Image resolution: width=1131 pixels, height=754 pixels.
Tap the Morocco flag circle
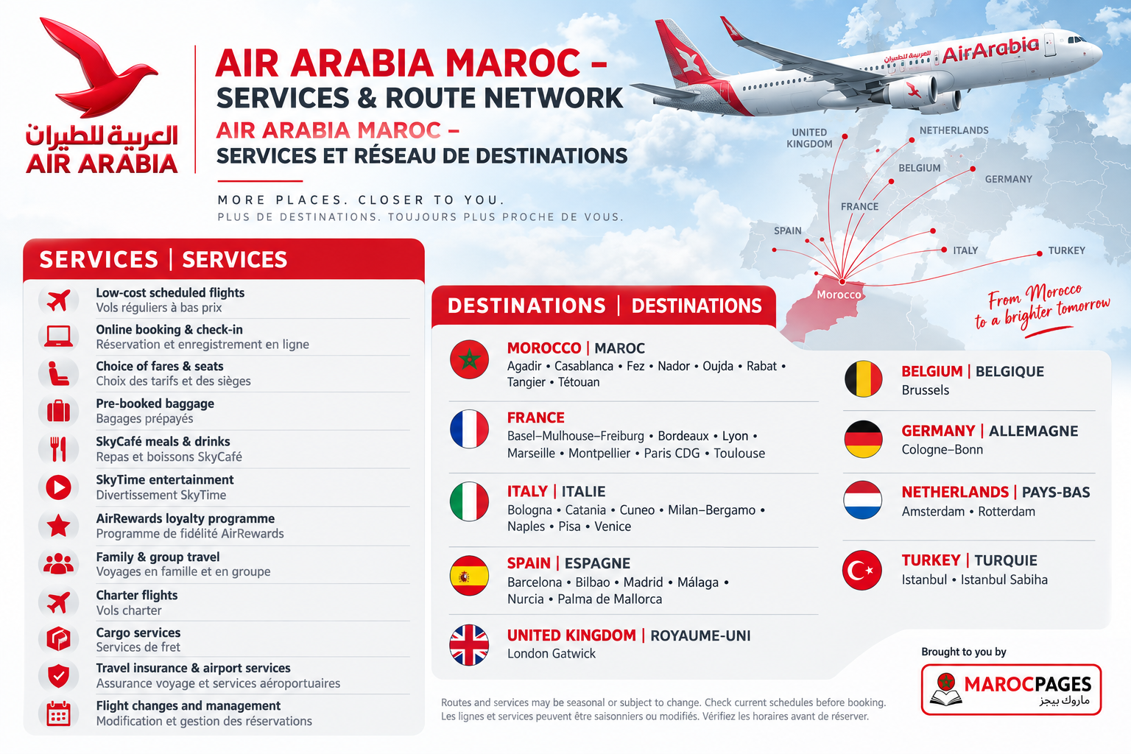tap(469, 359)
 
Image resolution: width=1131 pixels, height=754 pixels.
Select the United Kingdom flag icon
tap(469, 645)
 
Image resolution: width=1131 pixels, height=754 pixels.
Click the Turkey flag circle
tap(862, 570)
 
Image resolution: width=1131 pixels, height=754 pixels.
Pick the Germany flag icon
tap(864, 439)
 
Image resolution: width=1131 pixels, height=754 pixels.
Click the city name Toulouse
tap(739, 453)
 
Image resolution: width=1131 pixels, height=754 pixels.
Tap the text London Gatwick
tap(552, 654)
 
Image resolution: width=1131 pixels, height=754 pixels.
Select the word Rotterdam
tap(1007, 512)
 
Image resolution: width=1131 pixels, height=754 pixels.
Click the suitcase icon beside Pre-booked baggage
tap(59, 411)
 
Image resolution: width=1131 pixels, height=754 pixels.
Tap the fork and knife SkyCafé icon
tap(59, 449)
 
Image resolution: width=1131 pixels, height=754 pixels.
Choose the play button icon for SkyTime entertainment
tap(59, 487)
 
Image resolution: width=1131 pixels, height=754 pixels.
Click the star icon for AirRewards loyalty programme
tap(59, 525)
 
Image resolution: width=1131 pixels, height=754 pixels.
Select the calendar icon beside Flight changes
tap(59, 714)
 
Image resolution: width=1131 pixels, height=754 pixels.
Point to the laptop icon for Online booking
tap(59, 337)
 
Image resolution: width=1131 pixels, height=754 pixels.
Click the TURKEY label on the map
tap(1066, 250)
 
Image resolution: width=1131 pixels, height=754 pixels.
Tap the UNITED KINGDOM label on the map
tap(809, 138)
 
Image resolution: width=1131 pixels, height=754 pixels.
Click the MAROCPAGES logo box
tap(1011, 689)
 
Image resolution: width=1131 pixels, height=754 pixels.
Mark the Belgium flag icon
tap(864, 378)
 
